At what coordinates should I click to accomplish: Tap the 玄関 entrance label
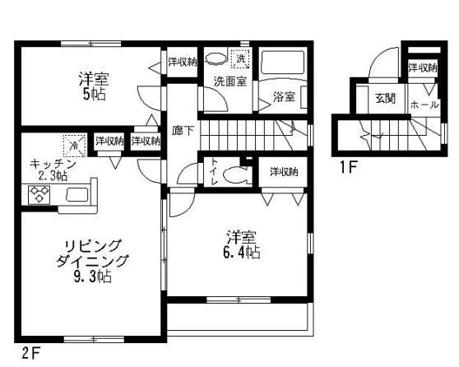385,99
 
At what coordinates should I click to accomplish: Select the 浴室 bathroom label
284,96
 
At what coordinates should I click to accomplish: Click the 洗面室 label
230,81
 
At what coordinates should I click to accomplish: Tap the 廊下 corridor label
182,130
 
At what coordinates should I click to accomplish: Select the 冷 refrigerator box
74,146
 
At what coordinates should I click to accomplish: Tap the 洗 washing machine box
242,58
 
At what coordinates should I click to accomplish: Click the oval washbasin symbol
216,58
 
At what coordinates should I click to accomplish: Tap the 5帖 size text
93,95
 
